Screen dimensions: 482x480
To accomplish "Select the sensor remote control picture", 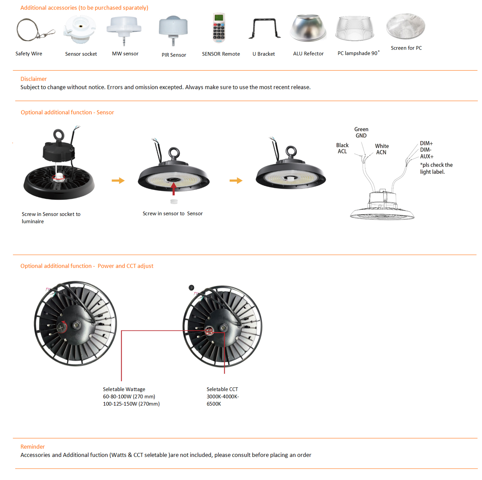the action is point(219,28).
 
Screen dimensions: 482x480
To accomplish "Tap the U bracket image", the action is point(264,29).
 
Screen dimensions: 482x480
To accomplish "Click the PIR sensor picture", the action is point(173,30).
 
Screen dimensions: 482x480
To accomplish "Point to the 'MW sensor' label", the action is point(125,54).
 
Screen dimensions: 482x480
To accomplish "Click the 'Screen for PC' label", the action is point(406,48).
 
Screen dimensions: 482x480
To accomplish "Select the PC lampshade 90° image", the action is point(355,28).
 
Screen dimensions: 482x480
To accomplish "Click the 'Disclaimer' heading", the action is point(33,79).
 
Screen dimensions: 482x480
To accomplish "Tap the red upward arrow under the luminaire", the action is point(174,189).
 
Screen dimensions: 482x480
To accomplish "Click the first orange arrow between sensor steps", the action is point(118,181).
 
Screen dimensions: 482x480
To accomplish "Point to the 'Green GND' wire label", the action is point(361,132).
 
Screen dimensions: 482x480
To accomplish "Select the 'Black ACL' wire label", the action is point(342,148).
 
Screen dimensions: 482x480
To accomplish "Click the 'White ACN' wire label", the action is point(382,149).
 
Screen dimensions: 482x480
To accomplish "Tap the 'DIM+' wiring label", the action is point(426,143).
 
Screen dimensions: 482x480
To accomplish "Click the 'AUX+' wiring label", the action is point(427,156).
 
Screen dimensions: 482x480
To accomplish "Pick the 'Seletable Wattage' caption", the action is point(124,389).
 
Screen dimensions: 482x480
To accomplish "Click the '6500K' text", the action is point(214,404).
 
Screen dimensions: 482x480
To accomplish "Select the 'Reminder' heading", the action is point(33,447).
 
